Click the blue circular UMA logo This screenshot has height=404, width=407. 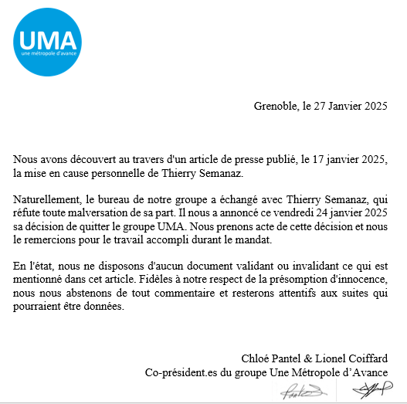48,39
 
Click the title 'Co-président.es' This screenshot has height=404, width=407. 186,372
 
